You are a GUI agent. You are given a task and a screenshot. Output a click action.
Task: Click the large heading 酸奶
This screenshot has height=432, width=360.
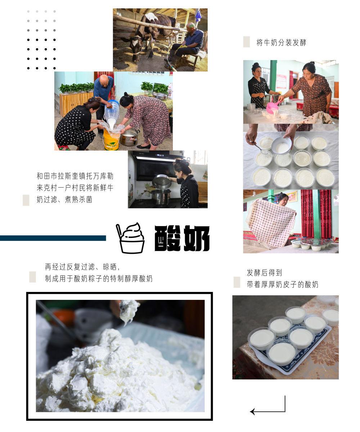pyautogui.click(x=182, y=238)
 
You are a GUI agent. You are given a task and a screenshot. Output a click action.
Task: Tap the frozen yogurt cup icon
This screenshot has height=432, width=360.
pyautogui.click(x=130, y=238)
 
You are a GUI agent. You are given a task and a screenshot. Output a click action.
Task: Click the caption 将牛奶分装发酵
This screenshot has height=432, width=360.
pyautogui.click(x=281, y=42)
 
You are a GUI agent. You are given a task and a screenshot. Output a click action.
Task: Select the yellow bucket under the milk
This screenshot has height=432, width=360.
pyautogui.click(x=111, y=140)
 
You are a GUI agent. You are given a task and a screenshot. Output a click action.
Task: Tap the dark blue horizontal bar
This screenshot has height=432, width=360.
pyautogui.click(x=53, y=238)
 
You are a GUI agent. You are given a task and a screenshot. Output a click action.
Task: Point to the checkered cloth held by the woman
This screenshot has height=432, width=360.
pyautogui.click(x=271, y=224)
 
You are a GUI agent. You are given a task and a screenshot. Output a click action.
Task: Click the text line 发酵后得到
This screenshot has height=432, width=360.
pyautogui.click(x=264, y=273)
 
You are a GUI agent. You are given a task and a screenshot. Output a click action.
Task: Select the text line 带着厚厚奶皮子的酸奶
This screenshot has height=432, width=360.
pyautogui.click(x=282, y=284)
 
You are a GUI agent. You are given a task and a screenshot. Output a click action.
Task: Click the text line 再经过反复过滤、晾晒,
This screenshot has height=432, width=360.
pyautogui.click(x=82, y=267)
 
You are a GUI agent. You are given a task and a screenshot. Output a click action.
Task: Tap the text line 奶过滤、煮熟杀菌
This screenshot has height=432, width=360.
pyautogui.click(x=64, y=199)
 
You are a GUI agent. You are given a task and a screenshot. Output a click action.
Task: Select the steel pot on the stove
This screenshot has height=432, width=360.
pyautogui.click(x=161, y=197)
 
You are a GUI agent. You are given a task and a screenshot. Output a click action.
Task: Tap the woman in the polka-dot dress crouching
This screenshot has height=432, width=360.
pyautogui.click(x=77, y=124)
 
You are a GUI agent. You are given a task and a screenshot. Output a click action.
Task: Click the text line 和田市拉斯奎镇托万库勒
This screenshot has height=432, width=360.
pyautogui.click(x=75, y=176)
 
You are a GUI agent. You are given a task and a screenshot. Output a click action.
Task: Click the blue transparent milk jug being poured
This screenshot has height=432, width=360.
pyautogui.click(x=112, y=112)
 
